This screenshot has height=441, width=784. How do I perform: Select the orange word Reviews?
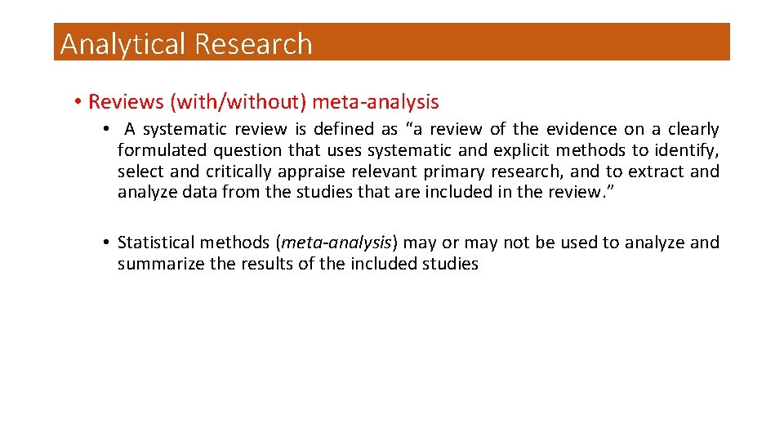126,102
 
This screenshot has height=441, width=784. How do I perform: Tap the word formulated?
162,150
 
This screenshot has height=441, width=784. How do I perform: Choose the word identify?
686,150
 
